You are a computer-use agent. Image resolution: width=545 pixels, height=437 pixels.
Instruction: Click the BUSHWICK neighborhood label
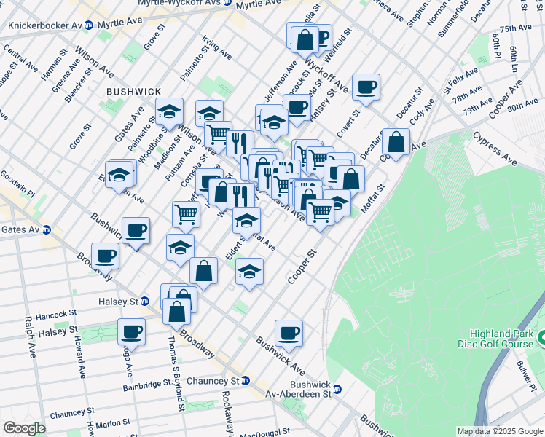pyautogui.click(x=133, y=92)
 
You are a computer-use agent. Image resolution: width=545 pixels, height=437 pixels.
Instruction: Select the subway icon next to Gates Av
pyautogui.click(x=47, y=229)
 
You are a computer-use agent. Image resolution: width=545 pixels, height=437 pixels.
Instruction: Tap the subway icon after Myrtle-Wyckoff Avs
pyautogui.click(x=228, y=4)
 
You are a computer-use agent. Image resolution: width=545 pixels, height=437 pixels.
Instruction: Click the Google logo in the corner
pyautogui.click(x=24, y=428)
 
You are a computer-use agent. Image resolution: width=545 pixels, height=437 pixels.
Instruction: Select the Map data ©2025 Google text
pyautogui.click(x=499, y=431)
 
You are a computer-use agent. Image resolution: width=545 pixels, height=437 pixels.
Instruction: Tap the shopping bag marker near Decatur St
pyautogui.click(x=396, y=143)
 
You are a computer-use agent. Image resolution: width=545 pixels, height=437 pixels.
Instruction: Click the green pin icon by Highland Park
pyautogui.click(x=541, y=339)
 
